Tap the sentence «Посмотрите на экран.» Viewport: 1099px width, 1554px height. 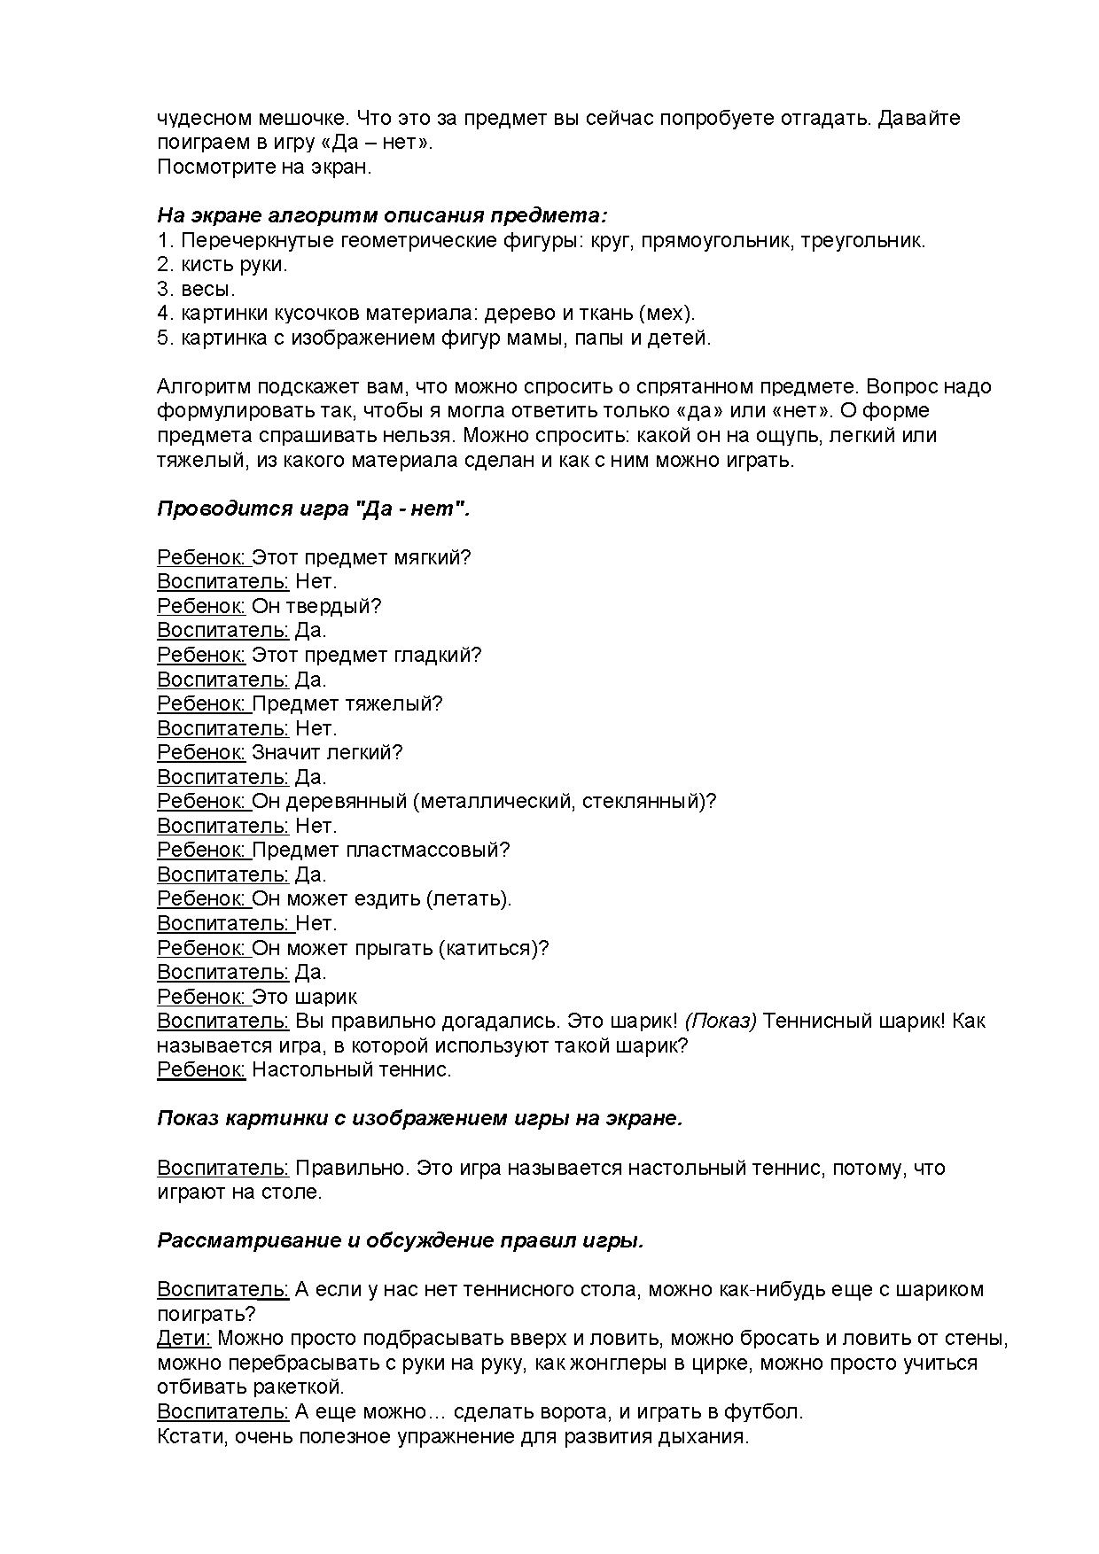point(264,167)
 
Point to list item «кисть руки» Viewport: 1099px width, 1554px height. point(234,265)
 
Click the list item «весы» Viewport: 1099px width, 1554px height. point(207,290)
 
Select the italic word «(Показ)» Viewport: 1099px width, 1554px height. point(721,1022)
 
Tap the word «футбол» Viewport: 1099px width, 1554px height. point(768,1412)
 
